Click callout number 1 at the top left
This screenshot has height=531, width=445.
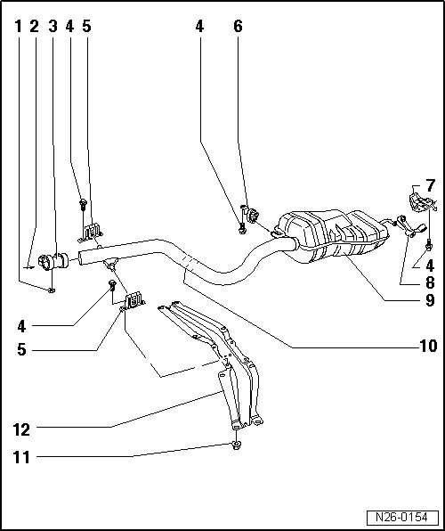tap(19, 27)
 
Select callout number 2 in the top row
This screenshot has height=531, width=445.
tap(35, 27)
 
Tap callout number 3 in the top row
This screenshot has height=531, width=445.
tap(53, 27)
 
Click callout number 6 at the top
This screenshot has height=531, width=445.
tap(238, 27)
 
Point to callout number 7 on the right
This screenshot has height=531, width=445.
tap(430, 185)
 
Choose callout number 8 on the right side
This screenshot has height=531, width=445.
tap(430, 282)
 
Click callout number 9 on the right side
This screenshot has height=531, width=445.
tap(430, 300)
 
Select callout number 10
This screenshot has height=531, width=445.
tap(428, 346)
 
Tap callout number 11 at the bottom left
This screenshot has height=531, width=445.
tap(21, 458)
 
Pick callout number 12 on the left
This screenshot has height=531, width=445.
tap(21, 430)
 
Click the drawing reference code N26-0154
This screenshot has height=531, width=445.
tap(402, 518)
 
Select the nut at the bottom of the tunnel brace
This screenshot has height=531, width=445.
tap(236, 445)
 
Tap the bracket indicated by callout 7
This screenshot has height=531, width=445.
tap(421, 202)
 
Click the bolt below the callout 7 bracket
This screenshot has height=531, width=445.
tap(428, 245)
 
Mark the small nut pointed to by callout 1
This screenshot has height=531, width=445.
tap(51, 290)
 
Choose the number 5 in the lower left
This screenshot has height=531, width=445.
tap(21, 349)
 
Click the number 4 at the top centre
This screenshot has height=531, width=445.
tap(199, 27)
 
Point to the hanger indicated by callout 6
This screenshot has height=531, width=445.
tap(253, 216)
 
